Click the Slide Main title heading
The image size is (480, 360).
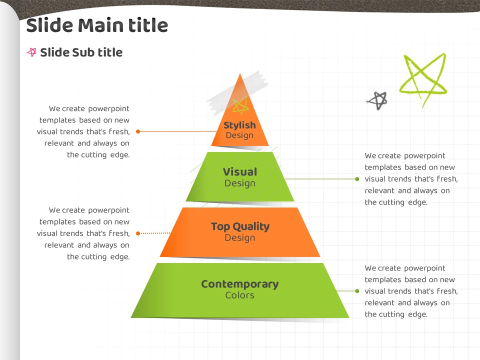point(96,25)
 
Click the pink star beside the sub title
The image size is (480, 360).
point(31,52)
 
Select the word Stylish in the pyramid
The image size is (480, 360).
point(239,125)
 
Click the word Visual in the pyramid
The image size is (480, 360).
point(240,171)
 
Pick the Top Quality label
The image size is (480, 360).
point(240,226)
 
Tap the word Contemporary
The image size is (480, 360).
point(240,284)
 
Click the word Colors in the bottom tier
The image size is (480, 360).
point(240,295)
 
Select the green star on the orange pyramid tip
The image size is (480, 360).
point(240,104)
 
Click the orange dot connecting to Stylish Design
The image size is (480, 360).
point(138,131)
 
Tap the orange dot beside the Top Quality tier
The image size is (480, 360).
point(138,233)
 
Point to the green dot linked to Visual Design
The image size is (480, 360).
point(357,178)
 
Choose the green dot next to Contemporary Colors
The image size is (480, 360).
point(357,290)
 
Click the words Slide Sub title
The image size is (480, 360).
point(81,52)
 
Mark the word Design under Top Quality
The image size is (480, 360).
point(240,237)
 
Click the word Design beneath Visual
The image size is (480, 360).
point(240,183)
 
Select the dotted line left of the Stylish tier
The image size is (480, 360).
point(177,131)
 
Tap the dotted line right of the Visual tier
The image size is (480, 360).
point(320,178)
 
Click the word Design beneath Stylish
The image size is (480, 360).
point(239,135)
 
